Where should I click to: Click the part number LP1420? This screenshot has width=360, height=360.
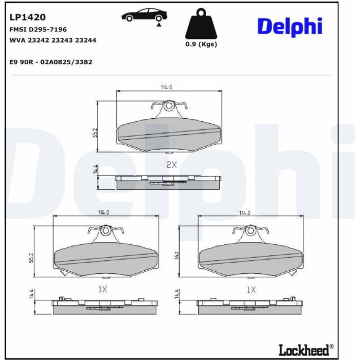[27, 17]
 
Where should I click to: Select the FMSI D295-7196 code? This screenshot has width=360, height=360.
[38, 29]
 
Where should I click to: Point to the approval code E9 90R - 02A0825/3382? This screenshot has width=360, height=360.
[51, 62]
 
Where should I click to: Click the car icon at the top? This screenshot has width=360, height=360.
[144, 16]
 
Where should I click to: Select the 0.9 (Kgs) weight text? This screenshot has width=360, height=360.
[201, 44]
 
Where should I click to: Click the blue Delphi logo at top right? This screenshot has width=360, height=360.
[290, 27]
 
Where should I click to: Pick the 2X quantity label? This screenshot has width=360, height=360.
[172, 165]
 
